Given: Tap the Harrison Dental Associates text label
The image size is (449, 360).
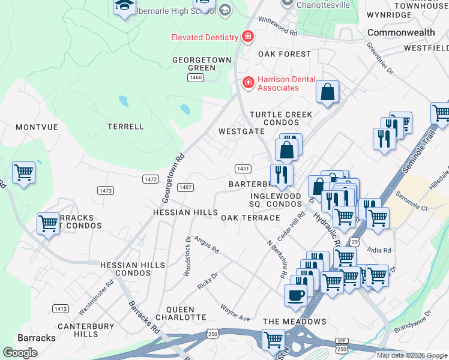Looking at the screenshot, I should click(x=278, y=83).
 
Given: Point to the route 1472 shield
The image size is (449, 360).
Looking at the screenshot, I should click(x=150, y=179).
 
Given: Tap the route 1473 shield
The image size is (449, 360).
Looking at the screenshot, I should click(x=105, y=190).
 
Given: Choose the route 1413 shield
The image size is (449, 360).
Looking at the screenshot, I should click(x=60, y=309).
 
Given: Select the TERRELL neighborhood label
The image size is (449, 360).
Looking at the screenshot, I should click(x=125, y=127).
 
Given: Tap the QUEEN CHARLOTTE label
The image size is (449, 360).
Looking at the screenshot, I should click(x=181, y=313).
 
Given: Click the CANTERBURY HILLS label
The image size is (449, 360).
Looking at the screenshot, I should click(x=77, y=330).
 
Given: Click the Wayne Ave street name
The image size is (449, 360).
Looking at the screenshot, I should click(x=235, y=312).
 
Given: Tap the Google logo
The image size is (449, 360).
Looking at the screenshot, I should click(x=20, y=353).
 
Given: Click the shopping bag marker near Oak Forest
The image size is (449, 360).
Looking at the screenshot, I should click(x=328, y=92).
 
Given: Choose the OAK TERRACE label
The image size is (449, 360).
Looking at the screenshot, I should click(x=250, y=218).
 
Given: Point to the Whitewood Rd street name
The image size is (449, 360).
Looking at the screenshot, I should click(x=277, y=25).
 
